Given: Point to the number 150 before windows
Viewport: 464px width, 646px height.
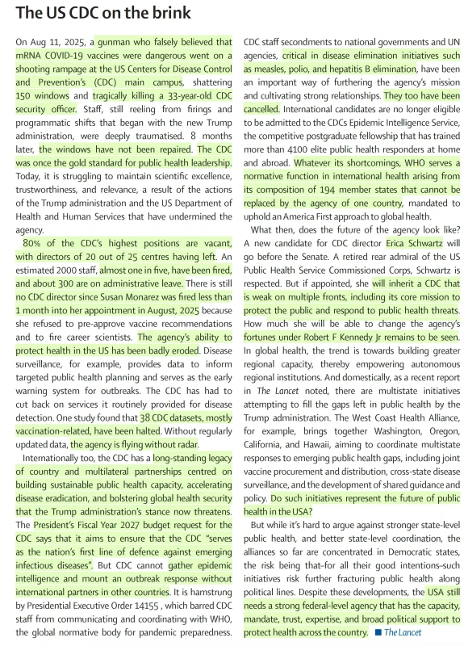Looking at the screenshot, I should pyautogui.click(x=27, y=95).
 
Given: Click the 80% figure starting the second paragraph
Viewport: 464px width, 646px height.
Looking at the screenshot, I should pyautogui.click(x=32, y=243).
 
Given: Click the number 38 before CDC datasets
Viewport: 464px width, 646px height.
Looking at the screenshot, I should pyautogui.click(x=146, y=418).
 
